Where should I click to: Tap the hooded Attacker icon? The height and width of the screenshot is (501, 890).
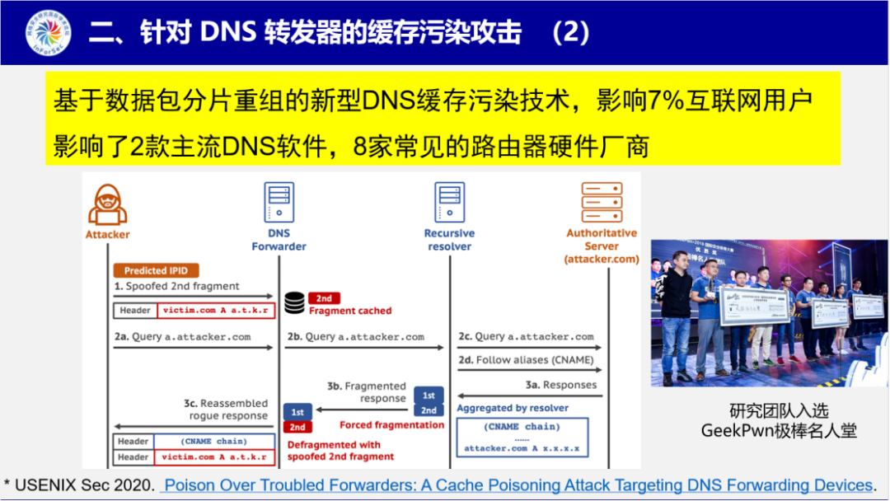(x=107, y=205)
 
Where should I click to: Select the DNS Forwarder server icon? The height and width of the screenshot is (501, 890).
(x=279, y=203)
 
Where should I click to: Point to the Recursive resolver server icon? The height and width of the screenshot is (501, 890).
(x=449, y=203)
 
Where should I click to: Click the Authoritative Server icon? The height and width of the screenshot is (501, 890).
(x=602, y=203)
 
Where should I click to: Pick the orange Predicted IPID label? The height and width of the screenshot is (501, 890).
(x=156, y=270)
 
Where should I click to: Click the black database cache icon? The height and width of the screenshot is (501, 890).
(x=293, y=302)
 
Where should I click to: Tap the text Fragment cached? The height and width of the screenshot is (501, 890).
(x=350, y=311)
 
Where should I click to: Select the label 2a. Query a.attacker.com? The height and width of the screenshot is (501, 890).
(x=182, y=336)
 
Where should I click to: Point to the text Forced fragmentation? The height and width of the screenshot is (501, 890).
(x=391, y=425)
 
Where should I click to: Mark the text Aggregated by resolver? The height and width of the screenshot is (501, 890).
(x=513, y=408)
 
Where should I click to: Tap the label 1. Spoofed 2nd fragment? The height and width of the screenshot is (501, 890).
(x=176, y=286)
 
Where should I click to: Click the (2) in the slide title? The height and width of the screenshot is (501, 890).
(x=571, y=32)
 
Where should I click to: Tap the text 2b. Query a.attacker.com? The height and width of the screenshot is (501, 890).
(x=356, y=336)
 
